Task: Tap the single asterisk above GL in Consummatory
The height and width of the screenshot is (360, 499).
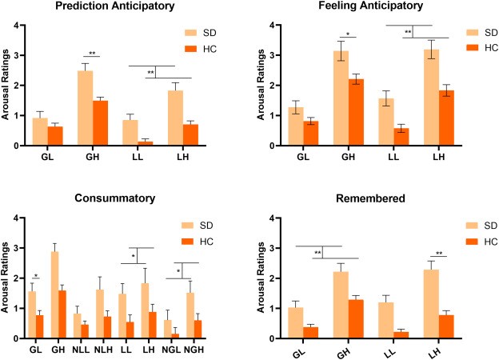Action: [36, 276]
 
